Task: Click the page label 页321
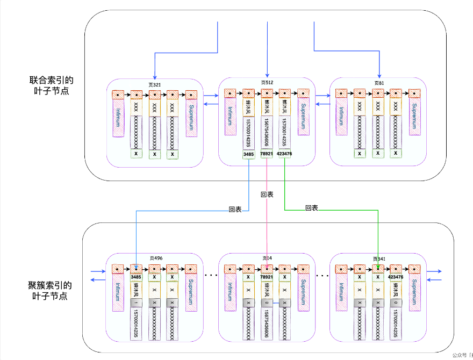[x=155, y=84]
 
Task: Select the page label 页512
[x=267, y=83]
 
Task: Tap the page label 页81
[x=379, y=83]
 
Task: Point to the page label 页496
[x=155, y=258]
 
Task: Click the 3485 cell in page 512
[x=248, y=154]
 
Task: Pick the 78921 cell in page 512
[x=266, y=154]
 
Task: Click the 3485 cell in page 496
[x=136, y=277]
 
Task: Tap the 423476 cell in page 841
[x=396, y=277]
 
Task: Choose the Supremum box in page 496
[x=191, y=293]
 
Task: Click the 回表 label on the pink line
[x=267, y=194]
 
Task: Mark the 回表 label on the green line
[x=312, y=208]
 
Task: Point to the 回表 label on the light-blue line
[x=235, y=210]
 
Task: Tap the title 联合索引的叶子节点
[x=51, y=86]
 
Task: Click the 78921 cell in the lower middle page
[x=266, y=277]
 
